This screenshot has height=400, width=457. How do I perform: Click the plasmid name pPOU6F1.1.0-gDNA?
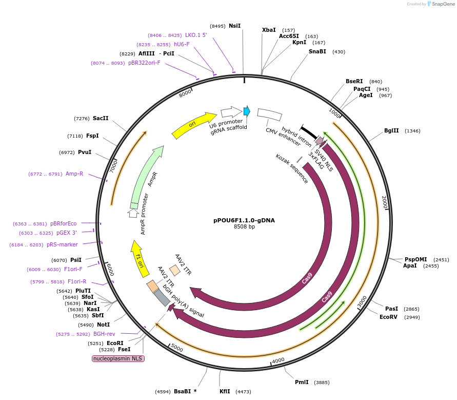tap(244, 220)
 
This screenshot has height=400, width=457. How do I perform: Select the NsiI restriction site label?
tap(234, 26)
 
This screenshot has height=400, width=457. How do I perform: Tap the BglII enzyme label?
tap(391, 131)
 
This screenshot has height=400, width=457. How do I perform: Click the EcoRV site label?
tap(388, 317)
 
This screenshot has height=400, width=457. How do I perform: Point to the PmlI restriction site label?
tap(302, 382)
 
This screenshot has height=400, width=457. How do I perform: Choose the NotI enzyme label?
tap(103, 325)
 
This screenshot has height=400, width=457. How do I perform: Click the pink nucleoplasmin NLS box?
tap(118, 358)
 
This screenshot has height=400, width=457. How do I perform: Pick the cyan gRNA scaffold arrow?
tap(247, 111)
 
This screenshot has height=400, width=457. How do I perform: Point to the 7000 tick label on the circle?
tap(114, 166)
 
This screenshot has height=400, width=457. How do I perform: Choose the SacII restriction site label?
tap(101, 119)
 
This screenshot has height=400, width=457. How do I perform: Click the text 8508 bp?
tap(244, 226)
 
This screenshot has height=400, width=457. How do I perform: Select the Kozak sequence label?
tap(291, 168)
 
